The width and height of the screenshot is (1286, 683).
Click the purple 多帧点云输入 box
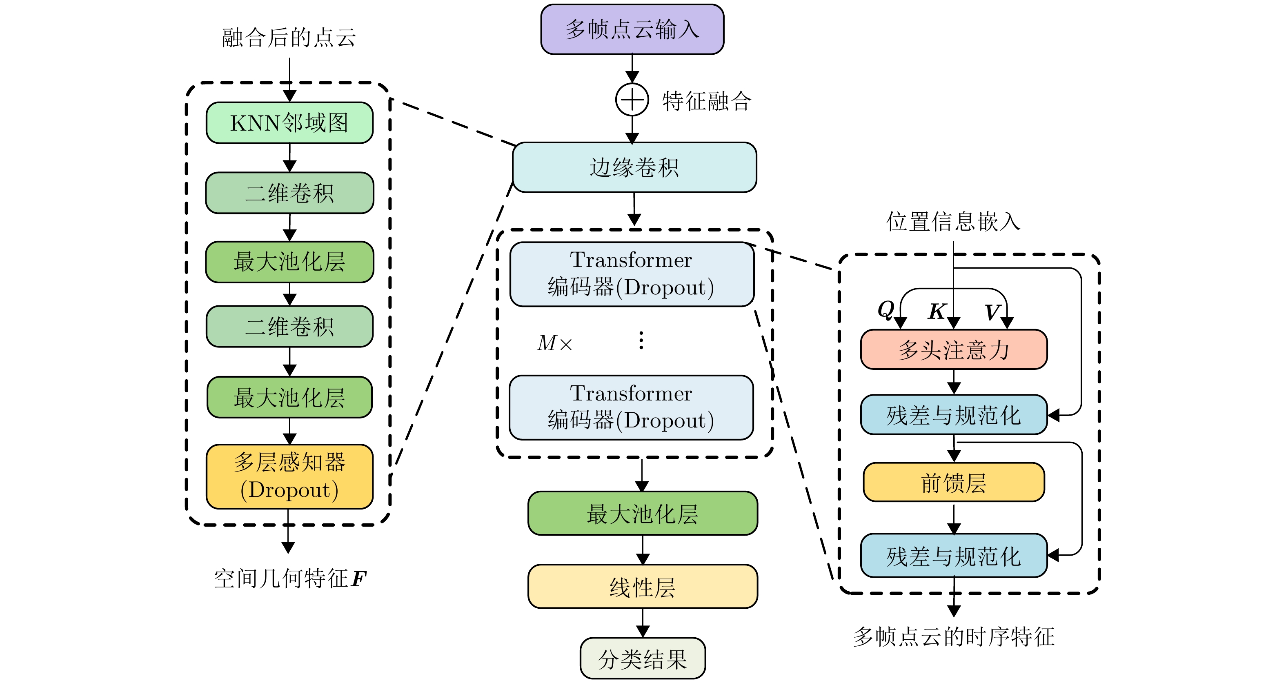point(632,29)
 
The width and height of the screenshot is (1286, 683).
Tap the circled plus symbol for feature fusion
point(632,100)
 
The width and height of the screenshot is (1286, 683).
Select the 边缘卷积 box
point(634,167)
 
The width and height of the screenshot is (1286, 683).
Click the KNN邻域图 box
point(289,123)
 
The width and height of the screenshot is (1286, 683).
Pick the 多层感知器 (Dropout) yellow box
point(289,476)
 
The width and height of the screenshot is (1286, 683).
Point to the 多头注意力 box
point(954,349)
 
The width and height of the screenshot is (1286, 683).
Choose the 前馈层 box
point(954,482)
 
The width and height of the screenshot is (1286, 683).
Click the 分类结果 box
point(643,659)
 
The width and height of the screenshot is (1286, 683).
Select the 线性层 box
point(643,587)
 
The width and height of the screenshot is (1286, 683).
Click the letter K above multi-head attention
point(937,311)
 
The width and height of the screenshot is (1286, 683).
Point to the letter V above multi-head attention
point(992,312)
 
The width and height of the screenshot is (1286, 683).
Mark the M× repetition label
point(554,343)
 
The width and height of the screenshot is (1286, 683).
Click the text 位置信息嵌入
point(953,221)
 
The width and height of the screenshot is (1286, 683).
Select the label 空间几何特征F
point(290,578)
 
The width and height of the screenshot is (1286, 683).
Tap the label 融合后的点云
point(289,38)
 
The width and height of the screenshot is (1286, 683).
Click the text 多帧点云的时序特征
point(954,636)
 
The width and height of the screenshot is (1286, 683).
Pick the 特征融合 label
point(706,101)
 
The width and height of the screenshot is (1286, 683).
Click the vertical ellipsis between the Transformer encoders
point(641,340)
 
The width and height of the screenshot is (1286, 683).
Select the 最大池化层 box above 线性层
point(643,514)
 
